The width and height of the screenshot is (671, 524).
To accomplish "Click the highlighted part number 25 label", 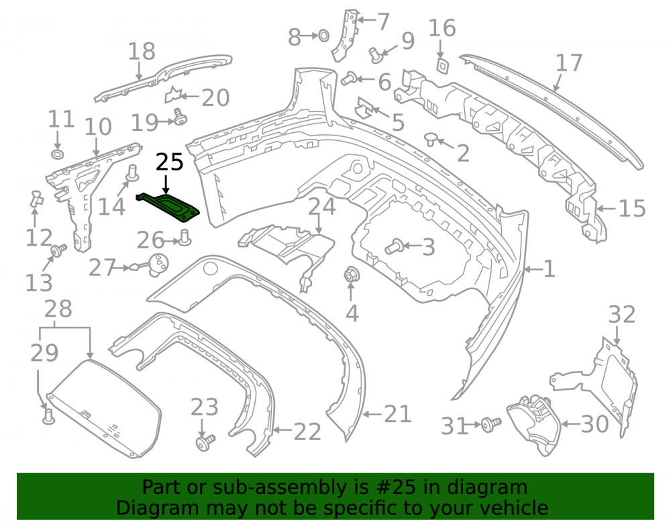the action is click(170, 162).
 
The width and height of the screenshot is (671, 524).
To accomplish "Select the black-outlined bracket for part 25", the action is click(168, 207).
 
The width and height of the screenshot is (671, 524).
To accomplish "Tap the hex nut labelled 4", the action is click(351, 274).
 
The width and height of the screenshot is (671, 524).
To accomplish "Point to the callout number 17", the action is click(569, 62).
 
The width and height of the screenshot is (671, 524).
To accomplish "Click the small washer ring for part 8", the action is click(324, 36).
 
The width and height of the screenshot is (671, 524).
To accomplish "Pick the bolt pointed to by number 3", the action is click(394, 246).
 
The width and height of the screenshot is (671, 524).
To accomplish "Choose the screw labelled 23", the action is click(205, 443).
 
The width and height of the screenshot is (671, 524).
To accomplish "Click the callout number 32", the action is click(622, 315).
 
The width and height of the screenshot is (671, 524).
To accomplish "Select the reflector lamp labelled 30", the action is click(533, 423).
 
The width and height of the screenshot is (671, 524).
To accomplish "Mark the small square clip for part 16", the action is click(442, 65).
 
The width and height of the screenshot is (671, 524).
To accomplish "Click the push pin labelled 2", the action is click(430, 140).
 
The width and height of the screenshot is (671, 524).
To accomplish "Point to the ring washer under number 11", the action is click(57, 154).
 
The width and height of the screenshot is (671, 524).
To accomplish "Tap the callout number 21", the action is click(397, 414).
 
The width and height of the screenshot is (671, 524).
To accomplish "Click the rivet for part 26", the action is click(185, 238).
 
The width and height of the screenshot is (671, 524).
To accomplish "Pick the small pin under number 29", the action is click(49, 417).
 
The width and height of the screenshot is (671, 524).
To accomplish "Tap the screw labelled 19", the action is click(180, 116).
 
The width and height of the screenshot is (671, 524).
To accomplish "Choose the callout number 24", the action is click(322, 207).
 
